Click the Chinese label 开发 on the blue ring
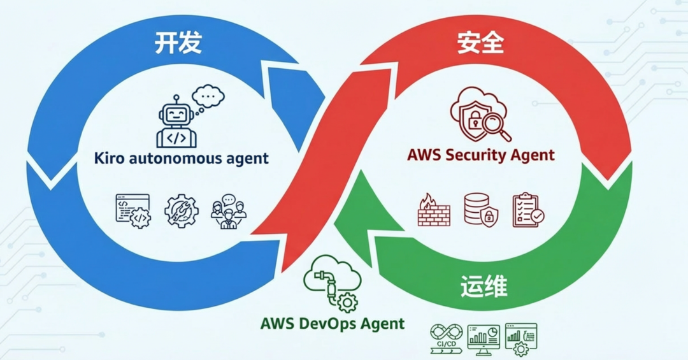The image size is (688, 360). click(178, 43)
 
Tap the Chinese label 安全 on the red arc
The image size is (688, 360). click(481, 43)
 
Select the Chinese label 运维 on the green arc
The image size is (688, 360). click(484, 286)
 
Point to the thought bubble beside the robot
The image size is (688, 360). click(208, 97)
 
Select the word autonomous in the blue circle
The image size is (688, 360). click(168, 157)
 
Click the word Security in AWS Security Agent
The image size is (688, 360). click(484, 154)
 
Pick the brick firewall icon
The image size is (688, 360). click(434, 210)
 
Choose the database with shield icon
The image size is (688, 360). click(481, 210)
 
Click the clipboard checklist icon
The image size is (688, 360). click(528, 210)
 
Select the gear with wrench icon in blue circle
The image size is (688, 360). click(182, 211)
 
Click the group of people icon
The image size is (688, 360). click(228, 211)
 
